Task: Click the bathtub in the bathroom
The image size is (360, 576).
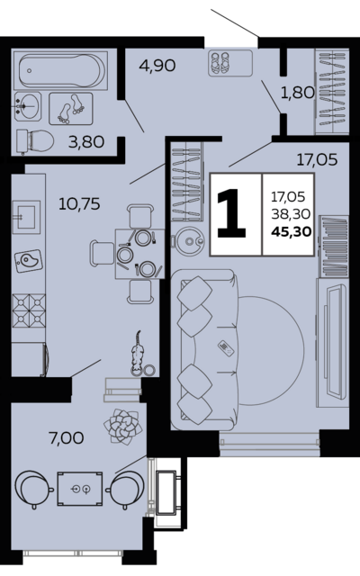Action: tap(60, 70)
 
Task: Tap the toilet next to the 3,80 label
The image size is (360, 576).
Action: tap(35, 140)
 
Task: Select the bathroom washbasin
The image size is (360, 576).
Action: tap(28, 106)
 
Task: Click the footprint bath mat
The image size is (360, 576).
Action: tap(71, 109)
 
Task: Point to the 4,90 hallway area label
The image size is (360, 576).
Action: tap(157, 66)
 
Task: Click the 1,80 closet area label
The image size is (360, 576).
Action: tap(298, 93)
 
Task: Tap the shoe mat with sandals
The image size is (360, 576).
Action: tap(230, 63)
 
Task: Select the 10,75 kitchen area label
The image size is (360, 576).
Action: tap(79, 204)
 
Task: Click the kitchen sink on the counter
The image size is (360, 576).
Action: tap(26, 217)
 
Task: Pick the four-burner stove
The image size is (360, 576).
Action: tap(29, 310)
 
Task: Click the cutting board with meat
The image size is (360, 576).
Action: tap(28, 261)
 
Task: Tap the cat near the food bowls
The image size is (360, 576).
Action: tap(137, 353)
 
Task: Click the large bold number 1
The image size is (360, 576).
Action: tap(232, 213)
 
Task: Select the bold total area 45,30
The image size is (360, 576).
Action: tap(292, 232)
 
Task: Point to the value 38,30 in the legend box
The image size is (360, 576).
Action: tap(291, 214)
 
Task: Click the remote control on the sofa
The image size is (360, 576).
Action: tap(226, 348)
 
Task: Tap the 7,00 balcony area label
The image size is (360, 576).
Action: tap(66, 438)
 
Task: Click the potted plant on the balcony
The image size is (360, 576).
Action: tap(122, 427)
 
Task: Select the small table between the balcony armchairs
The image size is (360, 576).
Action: tap(80, 489)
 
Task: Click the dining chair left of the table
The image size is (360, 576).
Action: tap(102, 253)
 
